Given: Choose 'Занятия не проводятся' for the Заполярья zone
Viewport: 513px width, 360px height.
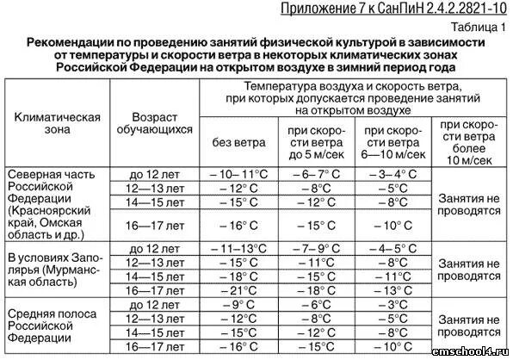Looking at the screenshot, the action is click(469, 269).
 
